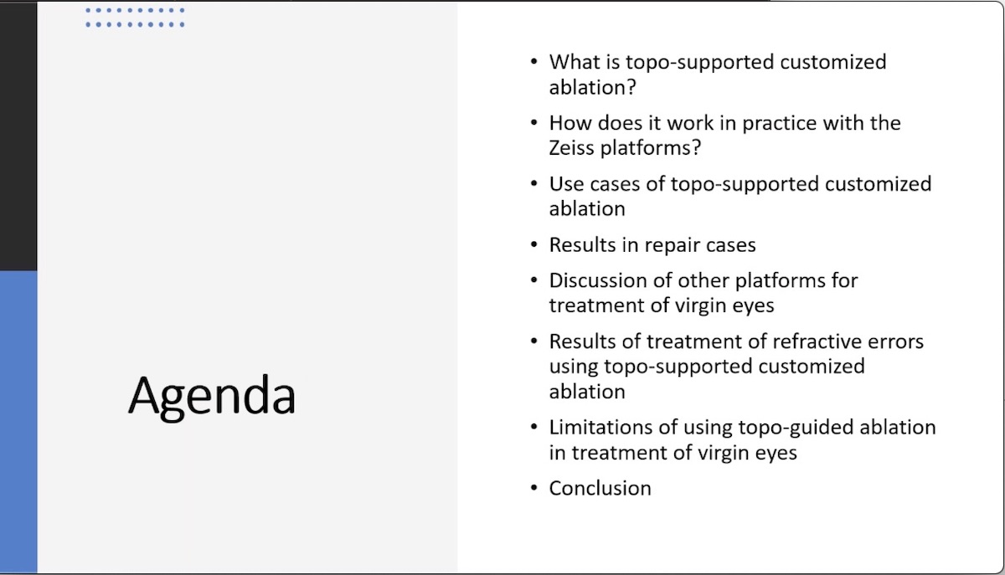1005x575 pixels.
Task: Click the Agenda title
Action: [212, 395]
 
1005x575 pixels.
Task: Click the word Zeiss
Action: [575, 147]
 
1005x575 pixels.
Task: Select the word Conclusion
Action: [600, 488]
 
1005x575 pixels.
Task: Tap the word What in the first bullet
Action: [574, 62]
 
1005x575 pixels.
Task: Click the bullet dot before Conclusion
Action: [534, 488]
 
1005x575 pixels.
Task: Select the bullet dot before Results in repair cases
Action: [534, 245]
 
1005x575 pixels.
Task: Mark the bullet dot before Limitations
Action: [534, 427]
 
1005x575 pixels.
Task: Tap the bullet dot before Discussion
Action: [534, 280]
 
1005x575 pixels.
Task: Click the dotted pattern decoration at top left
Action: [135, 18]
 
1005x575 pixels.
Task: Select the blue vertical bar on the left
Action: [18, 418]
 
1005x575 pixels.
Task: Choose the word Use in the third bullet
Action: [565, 184]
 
